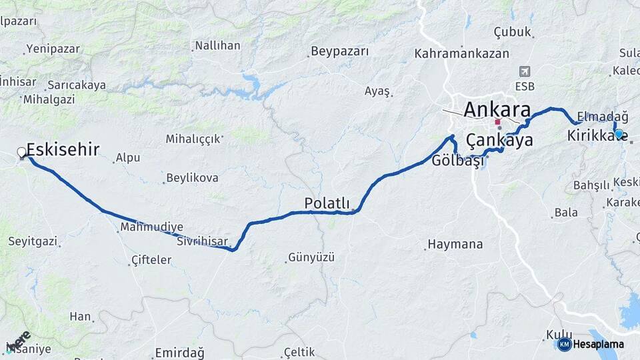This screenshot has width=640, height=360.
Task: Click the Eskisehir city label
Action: [x=63, y=149]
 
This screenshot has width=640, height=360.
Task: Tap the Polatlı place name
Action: [x=327, y=203]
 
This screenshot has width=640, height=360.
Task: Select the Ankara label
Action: [x=497, y=109]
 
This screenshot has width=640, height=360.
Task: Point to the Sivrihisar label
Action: [x=203, y=241]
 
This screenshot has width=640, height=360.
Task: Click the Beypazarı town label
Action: [x=340, y=51]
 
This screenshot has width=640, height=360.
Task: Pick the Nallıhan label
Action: [x=217, y=46]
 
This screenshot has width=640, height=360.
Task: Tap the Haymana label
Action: [x=455, y=245]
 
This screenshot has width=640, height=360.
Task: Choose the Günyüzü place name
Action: [x=311, y=257]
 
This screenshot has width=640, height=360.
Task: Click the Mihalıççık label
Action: [x=193, y=139]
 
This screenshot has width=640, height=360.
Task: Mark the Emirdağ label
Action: [x=179, y=353]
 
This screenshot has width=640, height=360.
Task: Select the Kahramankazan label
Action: [x=461, y=53]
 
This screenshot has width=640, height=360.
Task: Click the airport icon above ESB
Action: [x=525, y=71]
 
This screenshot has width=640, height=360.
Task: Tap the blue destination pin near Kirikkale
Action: [x=619, y=133]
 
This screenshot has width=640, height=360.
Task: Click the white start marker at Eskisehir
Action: [x=21, y=152]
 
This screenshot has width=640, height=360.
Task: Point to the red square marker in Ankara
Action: [x=497, y=122]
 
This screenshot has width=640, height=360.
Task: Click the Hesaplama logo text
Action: [x=597, y=344]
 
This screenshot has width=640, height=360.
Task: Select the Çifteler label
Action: [x=151, y=259]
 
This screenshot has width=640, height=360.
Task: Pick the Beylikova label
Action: [x=192, y=178]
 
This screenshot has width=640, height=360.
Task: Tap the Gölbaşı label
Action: [x=457, y=161]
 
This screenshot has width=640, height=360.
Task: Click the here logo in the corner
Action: [x=19, y=341]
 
